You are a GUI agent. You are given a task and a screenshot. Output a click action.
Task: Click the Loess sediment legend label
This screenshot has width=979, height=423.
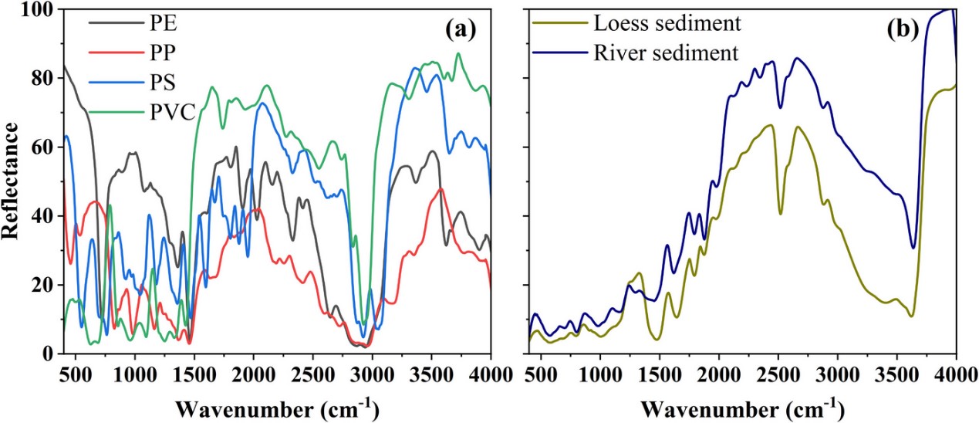click(x=667, y=23)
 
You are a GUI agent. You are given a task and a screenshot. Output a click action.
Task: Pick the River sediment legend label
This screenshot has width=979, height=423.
click(x=665, y=53)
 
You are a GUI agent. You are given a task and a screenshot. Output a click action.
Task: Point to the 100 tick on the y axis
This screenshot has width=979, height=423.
click(x=37, y=9)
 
